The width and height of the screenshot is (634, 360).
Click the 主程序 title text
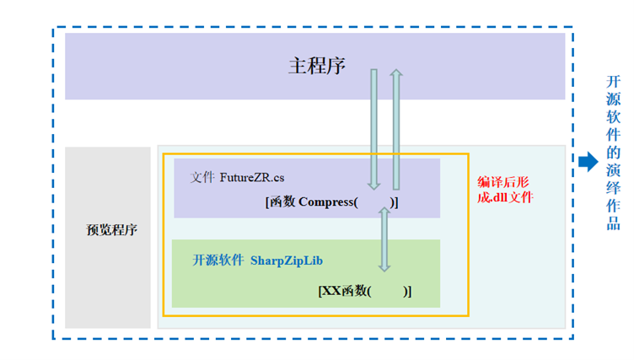tap(316, 66)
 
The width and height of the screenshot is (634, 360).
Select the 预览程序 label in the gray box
tap(112, 229)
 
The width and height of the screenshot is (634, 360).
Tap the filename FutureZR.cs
tap(252, 177)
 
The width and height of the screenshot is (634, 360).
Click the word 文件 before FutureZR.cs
tap(202, 177)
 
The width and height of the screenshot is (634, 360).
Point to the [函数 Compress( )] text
tap(331, 202)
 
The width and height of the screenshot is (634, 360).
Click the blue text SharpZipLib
tap(287, 261)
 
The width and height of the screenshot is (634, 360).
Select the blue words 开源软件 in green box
tap(218, 261)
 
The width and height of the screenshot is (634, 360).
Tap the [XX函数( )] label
tap(364, 290)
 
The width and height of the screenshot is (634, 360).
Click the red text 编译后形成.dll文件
tap(505, 190)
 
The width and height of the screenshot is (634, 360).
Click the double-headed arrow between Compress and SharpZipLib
tap(384, 239)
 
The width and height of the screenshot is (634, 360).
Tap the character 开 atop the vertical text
tap(614, 82)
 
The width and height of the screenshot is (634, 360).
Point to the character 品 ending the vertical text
tap(614, 225)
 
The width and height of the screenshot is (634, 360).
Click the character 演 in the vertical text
tap(614, 171)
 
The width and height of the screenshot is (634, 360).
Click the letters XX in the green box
tap(331, 290)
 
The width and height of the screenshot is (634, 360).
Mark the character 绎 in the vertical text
tap(614, 189)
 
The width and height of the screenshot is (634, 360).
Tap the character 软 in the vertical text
tap(614, 117)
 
